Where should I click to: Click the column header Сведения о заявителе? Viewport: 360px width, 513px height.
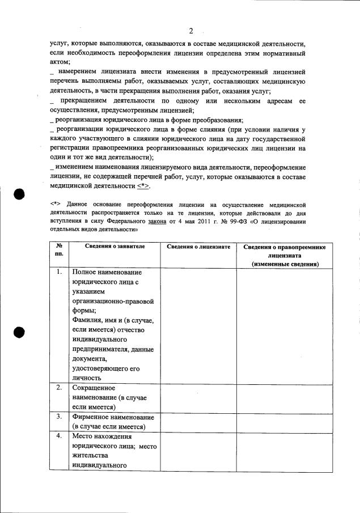115,247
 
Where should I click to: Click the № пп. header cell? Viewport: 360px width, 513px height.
58,251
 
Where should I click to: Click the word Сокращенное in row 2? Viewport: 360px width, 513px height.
94,388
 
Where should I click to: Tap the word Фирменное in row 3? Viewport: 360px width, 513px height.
92,417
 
